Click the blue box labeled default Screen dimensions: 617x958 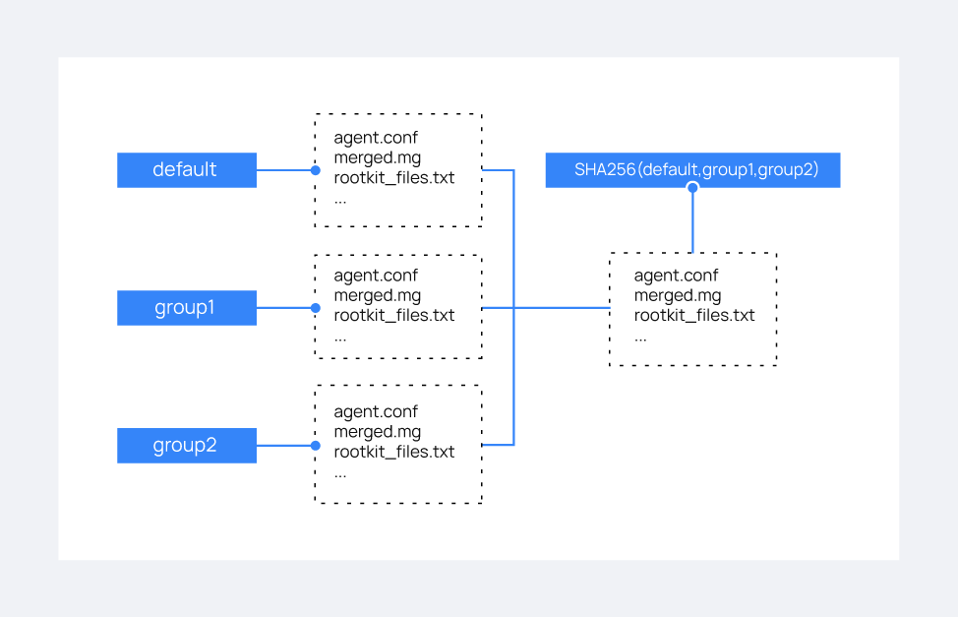(186, 169)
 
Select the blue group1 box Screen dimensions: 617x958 (186, 307)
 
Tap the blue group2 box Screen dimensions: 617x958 (186, 445)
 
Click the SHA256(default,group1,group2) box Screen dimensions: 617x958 (692, 169)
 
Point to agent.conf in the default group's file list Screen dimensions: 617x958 (376, 138)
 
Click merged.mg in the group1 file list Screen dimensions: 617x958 (377, 295)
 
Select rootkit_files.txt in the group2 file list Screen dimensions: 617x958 (393, 452)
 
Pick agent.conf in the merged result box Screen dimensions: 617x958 (676, 276)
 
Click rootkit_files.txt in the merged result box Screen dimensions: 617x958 (693, 315)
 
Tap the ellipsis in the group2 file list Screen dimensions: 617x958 (340, 472)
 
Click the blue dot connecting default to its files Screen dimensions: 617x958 (315, 170)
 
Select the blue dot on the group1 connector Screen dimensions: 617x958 (315, 308)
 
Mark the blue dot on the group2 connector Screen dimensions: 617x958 (315, 446)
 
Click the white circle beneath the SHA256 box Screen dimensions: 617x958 (692, 187)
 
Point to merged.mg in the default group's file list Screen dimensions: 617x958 (377, 157)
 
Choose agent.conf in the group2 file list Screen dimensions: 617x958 (376, 411)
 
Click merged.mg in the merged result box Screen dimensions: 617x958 (677, 295)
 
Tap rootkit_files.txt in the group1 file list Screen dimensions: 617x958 (393, 315)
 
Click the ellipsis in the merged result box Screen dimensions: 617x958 (640, 336)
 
